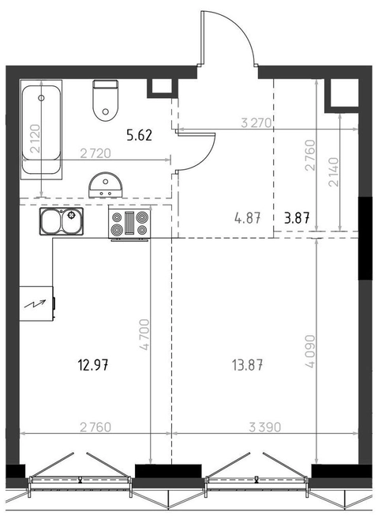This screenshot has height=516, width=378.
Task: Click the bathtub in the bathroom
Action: tap(41, 130)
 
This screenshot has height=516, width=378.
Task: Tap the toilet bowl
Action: tap(106, 100)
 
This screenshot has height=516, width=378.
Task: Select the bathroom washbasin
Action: tap(106, 185)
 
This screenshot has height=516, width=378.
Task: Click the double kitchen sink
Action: tap(62, 221)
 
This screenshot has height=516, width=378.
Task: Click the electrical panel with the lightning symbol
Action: tap(37, 303)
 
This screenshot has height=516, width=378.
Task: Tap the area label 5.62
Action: tap(140, 135)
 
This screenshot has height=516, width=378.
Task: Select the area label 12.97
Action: tap(93, 365)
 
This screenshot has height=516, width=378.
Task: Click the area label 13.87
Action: tap(248, 365)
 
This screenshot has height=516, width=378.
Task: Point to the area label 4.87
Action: tap(248, 218)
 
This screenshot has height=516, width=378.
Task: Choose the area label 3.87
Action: tap(297, 218)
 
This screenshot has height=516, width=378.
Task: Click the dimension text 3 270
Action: tap(256, 123)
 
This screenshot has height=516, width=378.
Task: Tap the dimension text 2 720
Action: tap(95, 153)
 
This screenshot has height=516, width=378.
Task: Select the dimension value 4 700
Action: tap(144, 334)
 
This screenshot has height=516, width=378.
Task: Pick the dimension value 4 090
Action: tap(309, 351)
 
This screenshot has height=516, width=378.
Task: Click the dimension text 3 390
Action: tap(265, 427)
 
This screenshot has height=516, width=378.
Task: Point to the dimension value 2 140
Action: tap(333, 171)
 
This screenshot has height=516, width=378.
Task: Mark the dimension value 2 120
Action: tap(35, 138)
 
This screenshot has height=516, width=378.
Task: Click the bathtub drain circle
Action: tap(41, 98)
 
